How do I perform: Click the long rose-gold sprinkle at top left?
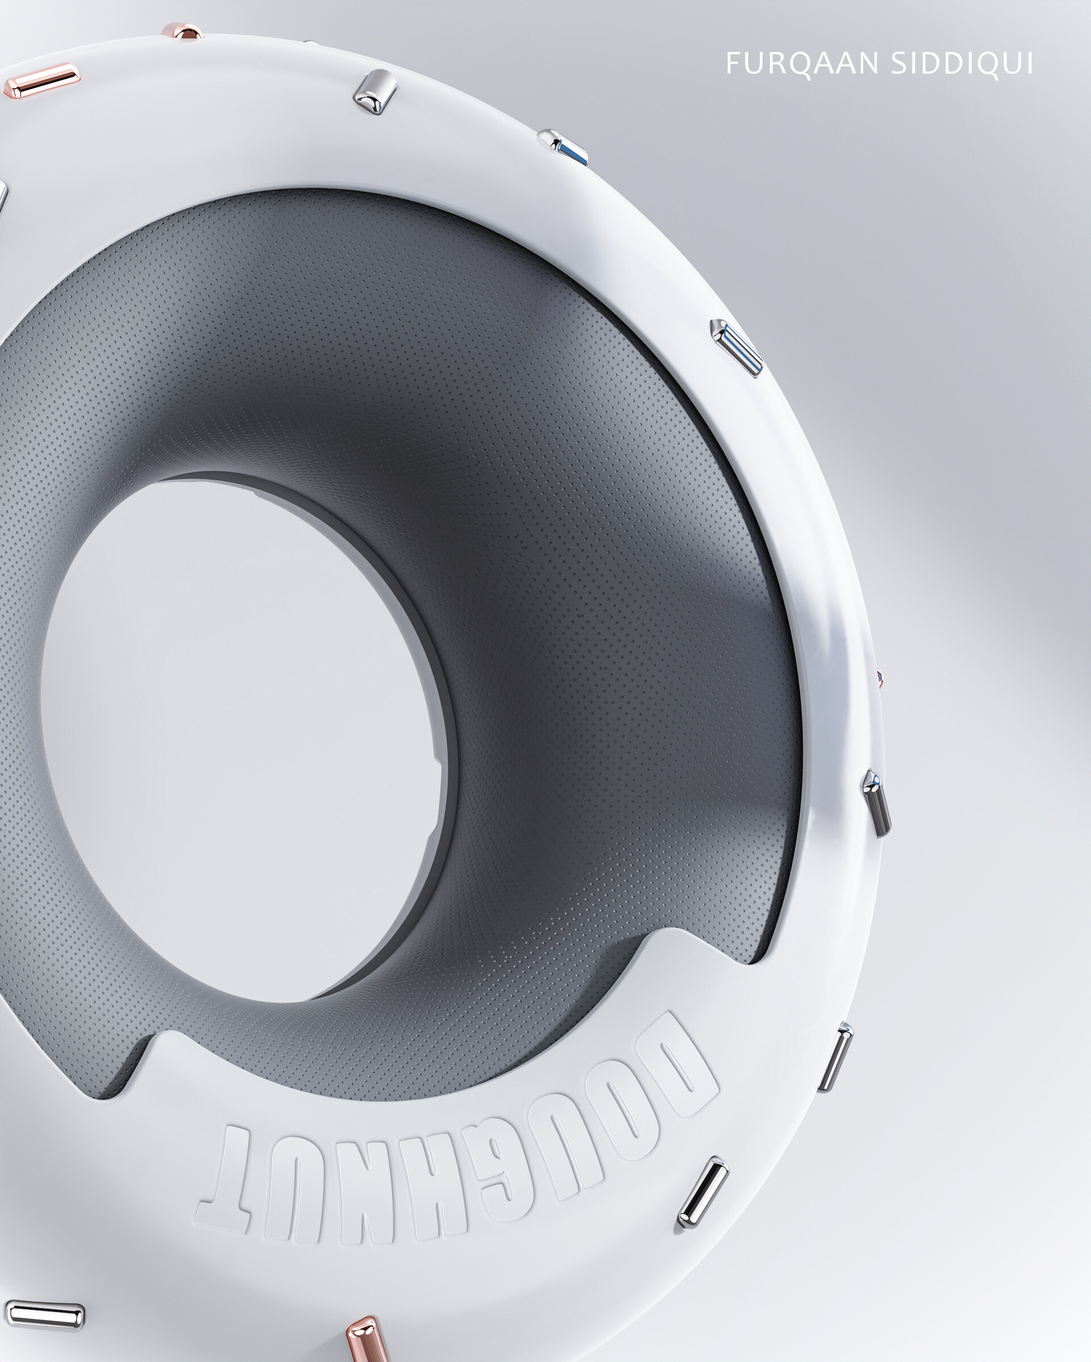(41, 79)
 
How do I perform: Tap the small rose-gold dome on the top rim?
(181, 32)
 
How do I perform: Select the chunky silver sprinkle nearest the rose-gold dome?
(374, 91)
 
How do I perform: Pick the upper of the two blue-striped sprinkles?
(563, 148)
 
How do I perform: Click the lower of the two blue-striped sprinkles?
(737, 347)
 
